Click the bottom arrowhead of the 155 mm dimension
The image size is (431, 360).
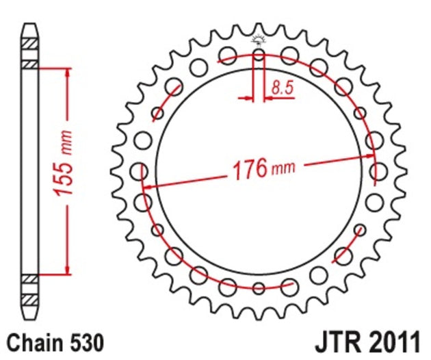[66, 269]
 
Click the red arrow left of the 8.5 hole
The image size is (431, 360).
[246, 99]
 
